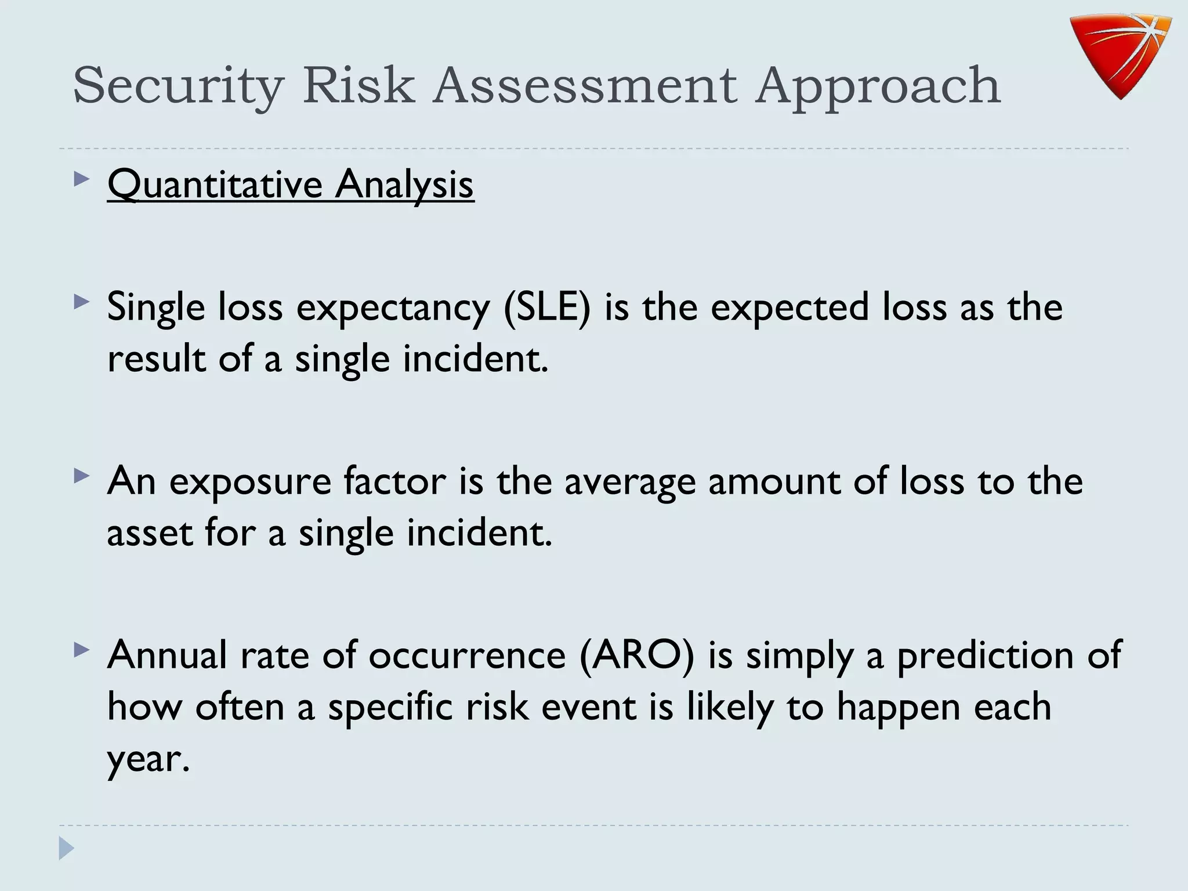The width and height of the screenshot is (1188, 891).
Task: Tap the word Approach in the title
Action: [878, 86]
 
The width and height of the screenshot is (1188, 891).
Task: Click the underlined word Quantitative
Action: [215, 184]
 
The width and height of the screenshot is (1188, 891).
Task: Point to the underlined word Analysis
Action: [404, 184]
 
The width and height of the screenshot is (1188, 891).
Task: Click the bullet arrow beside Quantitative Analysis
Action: [82, 179]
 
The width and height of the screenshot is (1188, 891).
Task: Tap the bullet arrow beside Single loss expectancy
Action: [82, 302]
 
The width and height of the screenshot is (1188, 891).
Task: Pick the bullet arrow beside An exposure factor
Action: [82, 476]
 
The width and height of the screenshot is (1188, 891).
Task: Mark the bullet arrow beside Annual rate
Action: [82, 650]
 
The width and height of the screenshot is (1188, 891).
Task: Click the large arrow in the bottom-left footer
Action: [66, 849]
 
